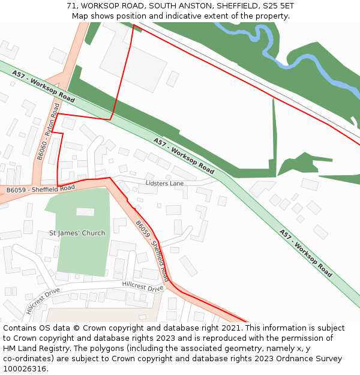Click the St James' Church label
(x=77, y=233)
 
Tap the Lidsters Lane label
(x=164, y=183)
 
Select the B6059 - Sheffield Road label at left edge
(x=41, y=189)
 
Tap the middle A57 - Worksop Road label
(x=183, y=155)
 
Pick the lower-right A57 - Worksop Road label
(x=305, y=252)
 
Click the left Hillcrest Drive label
(x=43, y=300)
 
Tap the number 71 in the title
(x=71, y=6)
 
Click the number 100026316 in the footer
(x=24, y=368)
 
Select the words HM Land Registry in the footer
(x=32, y=349)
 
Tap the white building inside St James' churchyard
(x=85, y=212)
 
